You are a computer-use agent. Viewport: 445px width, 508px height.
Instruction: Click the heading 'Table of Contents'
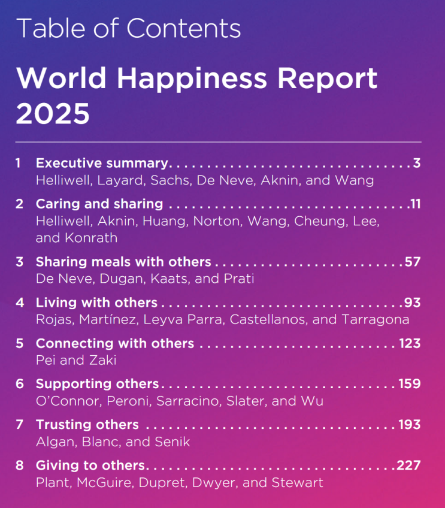[x=128, y=28]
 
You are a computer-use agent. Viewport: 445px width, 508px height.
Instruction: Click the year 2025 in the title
[x=53, y=113]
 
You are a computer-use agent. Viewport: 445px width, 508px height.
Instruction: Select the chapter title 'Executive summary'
[x=102, y=163]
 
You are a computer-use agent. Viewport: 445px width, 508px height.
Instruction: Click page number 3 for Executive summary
[x=417, y=163]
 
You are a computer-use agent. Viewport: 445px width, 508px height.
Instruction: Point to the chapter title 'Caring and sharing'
[x=99, y=204]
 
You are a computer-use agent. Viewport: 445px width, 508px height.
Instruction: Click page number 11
[x=415, y=204]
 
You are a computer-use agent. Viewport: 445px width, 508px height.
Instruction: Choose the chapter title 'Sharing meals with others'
[x=123, y=262]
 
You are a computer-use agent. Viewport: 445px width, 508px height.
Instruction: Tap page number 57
[x=412, y=262]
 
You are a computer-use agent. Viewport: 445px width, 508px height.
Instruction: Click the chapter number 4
[x=20, y=303]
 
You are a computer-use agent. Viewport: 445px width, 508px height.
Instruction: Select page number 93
[x=412, y=303]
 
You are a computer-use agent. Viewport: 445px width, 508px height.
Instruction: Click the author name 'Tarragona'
[x=376, y=319]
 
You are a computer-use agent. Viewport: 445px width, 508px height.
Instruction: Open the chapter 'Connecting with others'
[x=115, y=343]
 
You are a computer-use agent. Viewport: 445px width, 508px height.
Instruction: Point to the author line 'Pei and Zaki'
[x=76, y=360]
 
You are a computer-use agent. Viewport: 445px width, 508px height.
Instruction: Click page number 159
[x=410, y=384]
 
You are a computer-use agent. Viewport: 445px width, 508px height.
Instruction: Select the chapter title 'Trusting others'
[x=87, y=425]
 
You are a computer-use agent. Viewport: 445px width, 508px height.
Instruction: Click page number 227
[x=409, y=465]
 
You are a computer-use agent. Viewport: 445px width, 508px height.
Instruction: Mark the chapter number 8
[x=20, y=465]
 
